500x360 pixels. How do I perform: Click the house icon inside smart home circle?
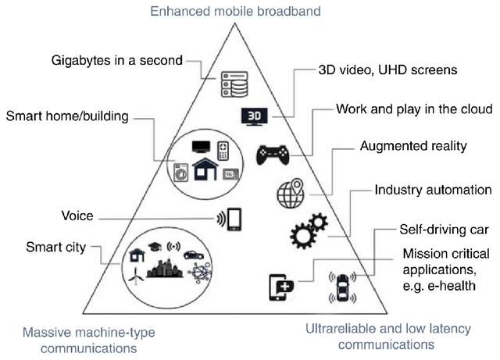pyautogui.click(x=206, y=169)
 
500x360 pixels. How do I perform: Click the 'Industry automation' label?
pyautogui.click(x=433, y=190)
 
